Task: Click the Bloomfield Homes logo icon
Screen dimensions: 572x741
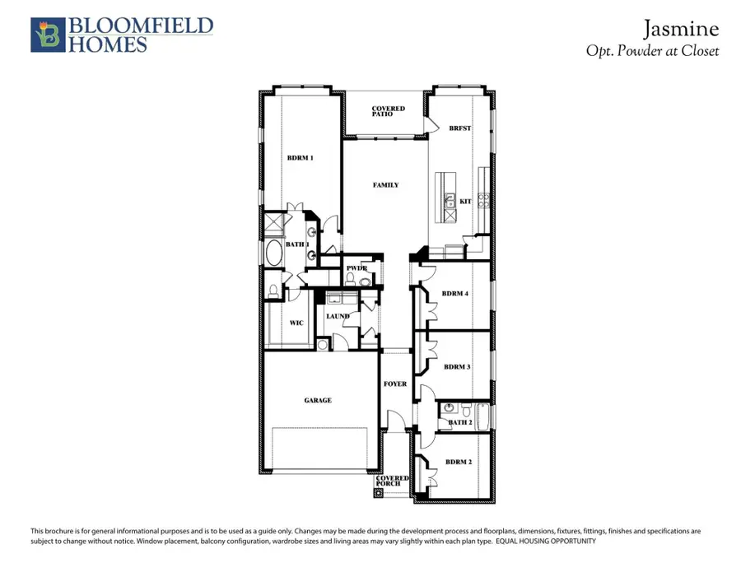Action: [45, 35]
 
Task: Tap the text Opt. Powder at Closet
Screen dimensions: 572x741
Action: [652, 51]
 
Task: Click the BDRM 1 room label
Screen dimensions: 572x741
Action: [300, 157]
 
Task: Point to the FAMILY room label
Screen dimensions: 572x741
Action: [385, 185]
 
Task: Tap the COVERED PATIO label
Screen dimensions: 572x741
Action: [387, 111]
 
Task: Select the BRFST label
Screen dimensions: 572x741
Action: [459, 128]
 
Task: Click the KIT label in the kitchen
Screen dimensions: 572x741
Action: [465, 200]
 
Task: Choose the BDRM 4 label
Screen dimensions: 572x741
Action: [454, 293]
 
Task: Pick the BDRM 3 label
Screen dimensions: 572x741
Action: [456, 367]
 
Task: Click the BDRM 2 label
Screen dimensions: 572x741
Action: [458, 462]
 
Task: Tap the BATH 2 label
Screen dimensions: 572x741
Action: [459, 422]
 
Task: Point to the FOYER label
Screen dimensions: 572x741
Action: [395, 384]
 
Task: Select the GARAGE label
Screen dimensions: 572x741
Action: [318, 400]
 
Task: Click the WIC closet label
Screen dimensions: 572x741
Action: [297, 323]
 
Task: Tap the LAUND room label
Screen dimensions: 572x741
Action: [338, 316]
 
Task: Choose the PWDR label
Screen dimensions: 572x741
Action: [356, 268]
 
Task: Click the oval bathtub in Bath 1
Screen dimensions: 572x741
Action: [273, 253]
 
